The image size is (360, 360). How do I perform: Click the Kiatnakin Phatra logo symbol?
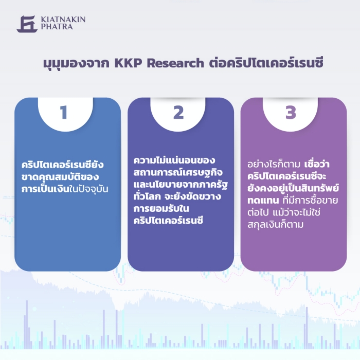click(27, 24)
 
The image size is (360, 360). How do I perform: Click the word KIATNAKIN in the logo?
click(63, 20)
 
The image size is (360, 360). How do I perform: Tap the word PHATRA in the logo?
click(57, 26)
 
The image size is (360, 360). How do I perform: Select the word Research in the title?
click(175, 63)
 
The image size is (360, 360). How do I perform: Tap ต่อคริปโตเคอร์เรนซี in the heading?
click(266, 62)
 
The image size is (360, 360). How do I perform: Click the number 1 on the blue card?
click(64, 112)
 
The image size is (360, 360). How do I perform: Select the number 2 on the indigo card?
click(178, 112)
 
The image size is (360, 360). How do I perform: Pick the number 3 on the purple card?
click(291, 112)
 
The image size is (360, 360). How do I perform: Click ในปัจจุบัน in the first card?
click(88, 189)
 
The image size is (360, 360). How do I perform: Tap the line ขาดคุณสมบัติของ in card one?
click(60, 177)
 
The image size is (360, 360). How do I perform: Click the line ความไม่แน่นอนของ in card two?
click(174, 160)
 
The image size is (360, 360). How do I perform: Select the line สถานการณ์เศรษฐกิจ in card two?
click(178, 172)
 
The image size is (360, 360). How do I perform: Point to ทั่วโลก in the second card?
click(147, 196)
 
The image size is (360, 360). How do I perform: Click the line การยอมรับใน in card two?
click(161, 209)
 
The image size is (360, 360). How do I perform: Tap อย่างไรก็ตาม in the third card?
click(274, 165)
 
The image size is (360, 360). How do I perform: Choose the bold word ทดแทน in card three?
click(263, 201)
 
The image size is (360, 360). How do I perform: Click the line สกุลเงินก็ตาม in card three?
click(276, 225)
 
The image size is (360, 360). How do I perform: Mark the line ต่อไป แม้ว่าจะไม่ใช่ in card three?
click(284, 212)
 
